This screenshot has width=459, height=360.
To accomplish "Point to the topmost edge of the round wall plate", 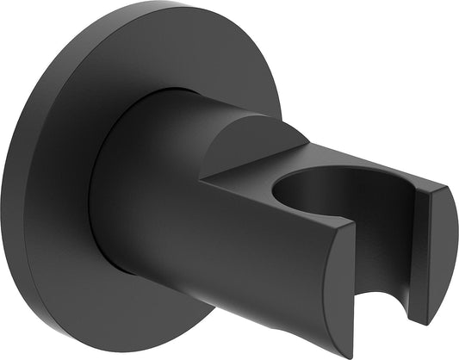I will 146,5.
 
